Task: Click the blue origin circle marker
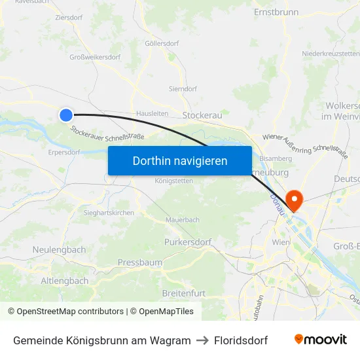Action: click(x=66, y=115)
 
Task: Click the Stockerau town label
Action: click(x=202, y=115)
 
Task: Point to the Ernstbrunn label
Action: click(x=276, y=12)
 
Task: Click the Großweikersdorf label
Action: click(x=95, y=58)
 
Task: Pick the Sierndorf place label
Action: click(x=183, y=88)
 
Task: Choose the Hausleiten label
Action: click(x=152, y=113)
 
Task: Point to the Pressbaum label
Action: click(x=139, y=262)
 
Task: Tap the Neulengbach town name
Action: click(x=59, y=250)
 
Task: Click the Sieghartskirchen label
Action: click(x=109, y=213)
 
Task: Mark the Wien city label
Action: click(x=281, y=242)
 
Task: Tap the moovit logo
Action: click(x=320, y=340)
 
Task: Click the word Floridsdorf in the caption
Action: click(x=241, y=340)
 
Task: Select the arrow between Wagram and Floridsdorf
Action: click(x=202, y=340)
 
